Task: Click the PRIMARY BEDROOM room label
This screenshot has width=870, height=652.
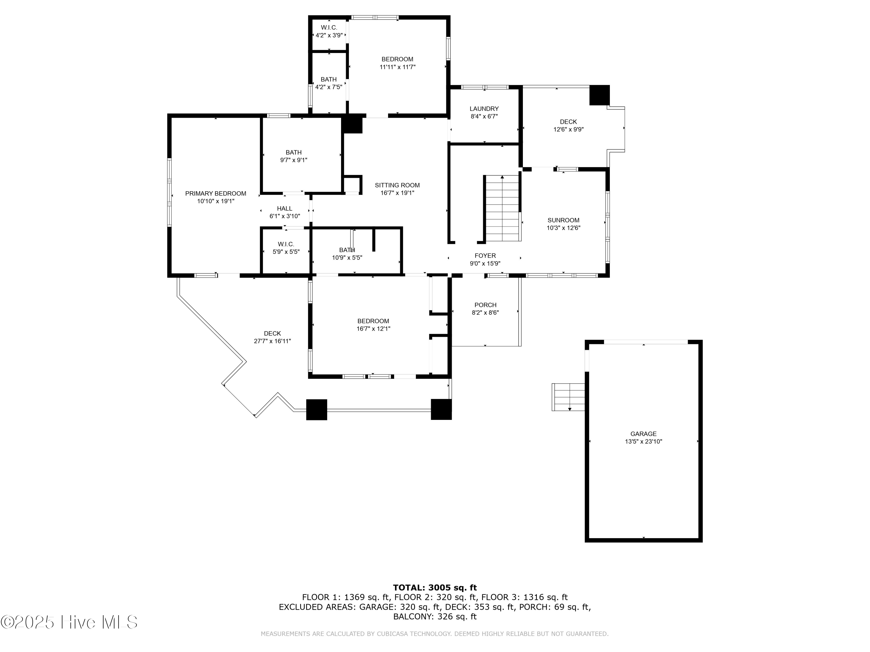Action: click(x=215, y=193)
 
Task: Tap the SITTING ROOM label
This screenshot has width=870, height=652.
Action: click(x=397, y=185)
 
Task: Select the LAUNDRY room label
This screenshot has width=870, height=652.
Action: click(x=484, y=109)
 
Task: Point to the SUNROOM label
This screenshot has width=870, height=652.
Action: click(x=563, y=220)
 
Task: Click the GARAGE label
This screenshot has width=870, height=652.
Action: click(x=644, y=434)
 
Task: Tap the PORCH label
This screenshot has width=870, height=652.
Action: click(x=485, y=305)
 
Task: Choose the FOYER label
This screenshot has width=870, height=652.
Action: click(x=485, y=256)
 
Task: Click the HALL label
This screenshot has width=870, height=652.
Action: click(x=285, y=209)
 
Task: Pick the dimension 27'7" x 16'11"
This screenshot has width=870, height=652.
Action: click(x=273, y=341)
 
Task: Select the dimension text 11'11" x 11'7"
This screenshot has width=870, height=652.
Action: click(x=398, y=67)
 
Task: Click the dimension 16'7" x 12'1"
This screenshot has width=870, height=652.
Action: click(x=373, y=329)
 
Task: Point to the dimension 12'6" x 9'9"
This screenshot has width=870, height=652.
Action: click(x=568, y=129)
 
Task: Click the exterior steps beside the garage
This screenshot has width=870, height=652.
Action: click(x=568, y=397)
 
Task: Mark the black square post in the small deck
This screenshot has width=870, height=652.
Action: click(x=599, y=95)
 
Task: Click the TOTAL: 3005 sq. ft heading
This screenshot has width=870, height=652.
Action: click(x=435, y=588)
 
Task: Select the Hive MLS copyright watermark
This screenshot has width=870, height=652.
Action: click(x=69, y=622)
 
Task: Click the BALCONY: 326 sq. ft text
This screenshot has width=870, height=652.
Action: click(x=435, y=617)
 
